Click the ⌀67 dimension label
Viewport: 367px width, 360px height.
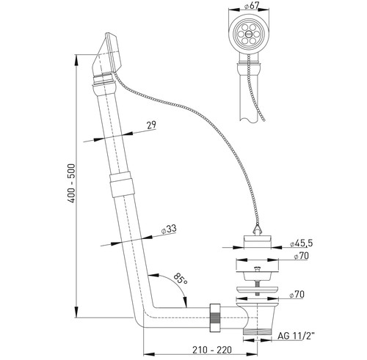click(251, 5)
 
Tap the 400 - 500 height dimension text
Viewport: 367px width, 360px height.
click(72, 183)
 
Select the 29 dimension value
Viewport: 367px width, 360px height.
click(151, 125)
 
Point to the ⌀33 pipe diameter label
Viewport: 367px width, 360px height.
click(169, 229)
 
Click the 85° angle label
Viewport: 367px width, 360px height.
click(181, 279)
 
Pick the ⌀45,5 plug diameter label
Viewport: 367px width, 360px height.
click(302, 243)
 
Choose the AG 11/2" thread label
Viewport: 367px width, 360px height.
click(296, 336)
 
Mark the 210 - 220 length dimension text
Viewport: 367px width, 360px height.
click(212, 350)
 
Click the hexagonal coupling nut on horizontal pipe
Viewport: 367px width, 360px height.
click(215, 317)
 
